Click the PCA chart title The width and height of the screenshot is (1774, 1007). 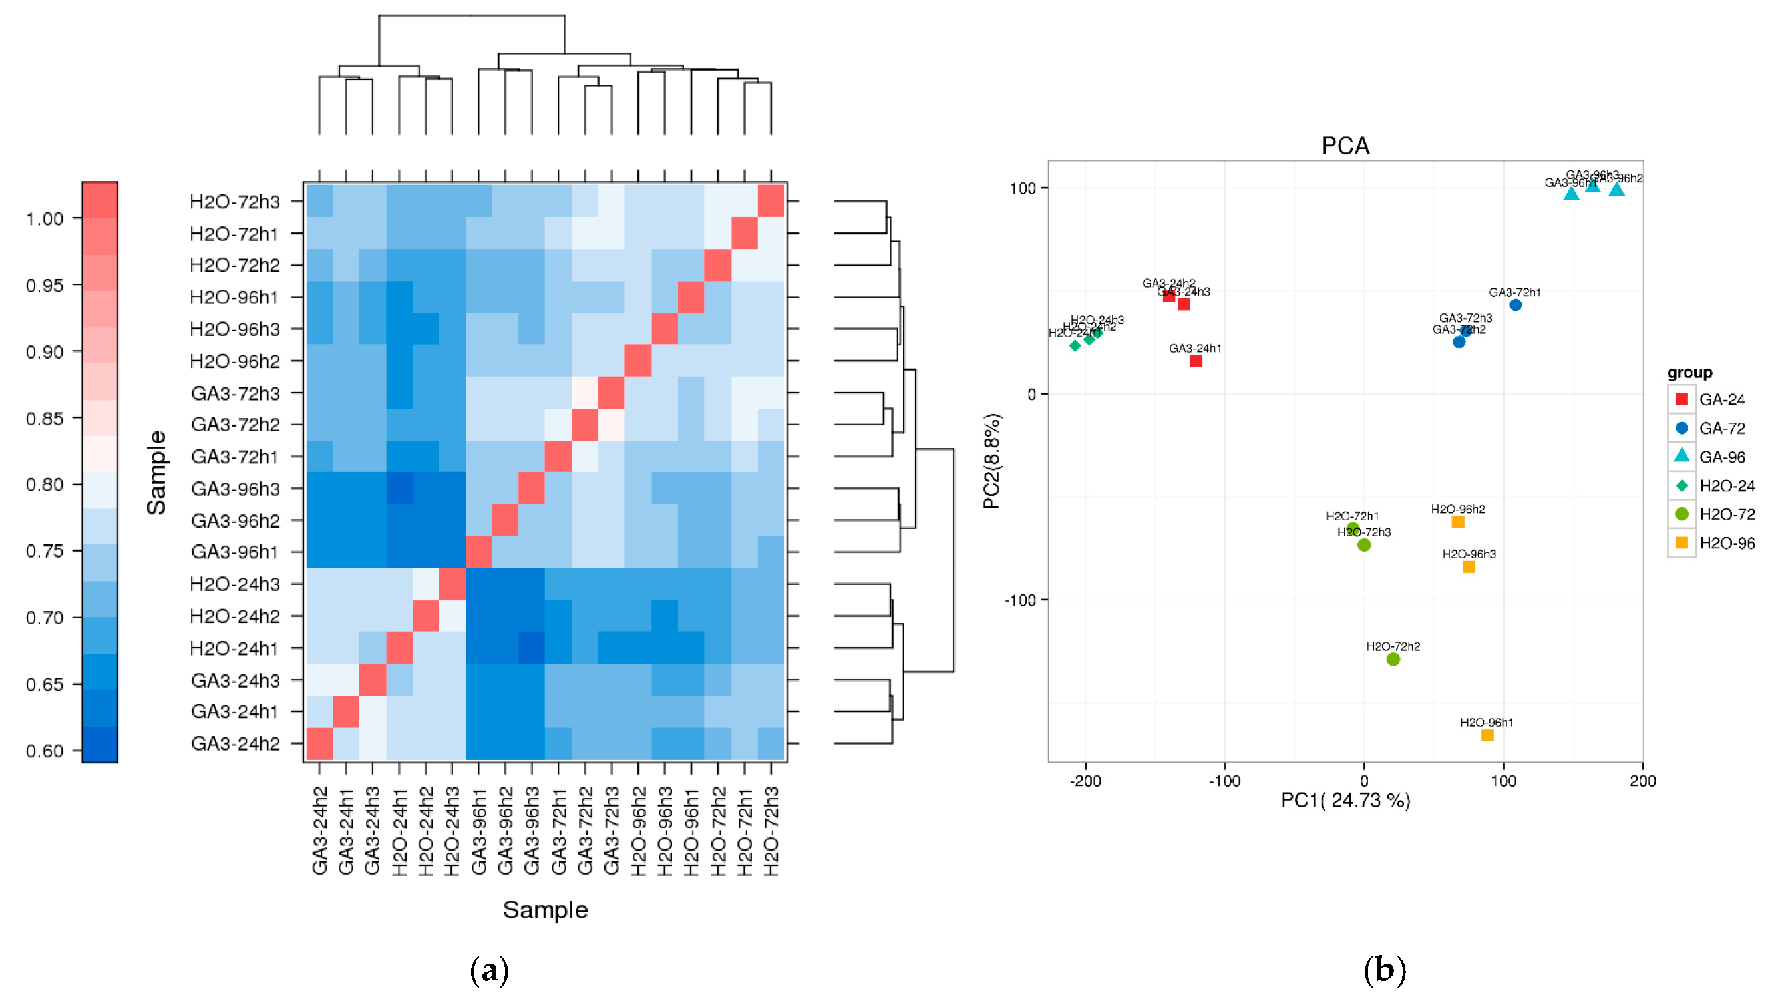click(1345, 146)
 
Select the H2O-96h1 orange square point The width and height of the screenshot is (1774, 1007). click(1487, 735)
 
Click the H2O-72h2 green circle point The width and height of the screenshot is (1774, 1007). click(1393, 659)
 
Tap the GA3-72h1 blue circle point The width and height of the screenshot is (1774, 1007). click(1515, 305)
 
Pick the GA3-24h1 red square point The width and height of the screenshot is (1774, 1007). click(1196, 361)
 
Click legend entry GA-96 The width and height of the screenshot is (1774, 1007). click(1722, 457)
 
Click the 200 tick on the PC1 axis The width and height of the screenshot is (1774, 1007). click(1643, 781)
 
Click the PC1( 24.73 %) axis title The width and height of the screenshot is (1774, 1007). click(1345, 801)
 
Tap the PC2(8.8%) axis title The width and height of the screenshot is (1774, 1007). click(991, 461)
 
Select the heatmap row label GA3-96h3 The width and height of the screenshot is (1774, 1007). click(235, 489)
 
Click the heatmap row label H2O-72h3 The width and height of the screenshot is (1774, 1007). click(234, 202)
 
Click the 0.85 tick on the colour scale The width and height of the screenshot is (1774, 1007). click(44, 419)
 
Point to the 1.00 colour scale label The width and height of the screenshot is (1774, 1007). click(44, 219)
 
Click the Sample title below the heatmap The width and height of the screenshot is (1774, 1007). click(545, 910)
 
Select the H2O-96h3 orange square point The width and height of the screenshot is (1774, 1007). click(1469, 567)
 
